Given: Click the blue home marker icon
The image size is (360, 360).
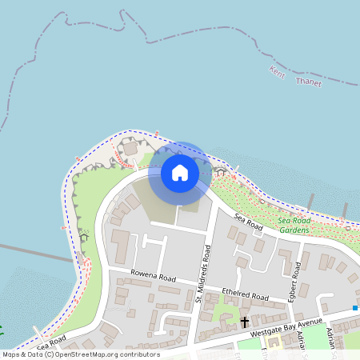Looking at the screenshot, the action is click(x=180, y=172).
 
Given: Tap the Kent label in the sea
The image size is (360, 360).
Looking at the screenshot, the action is click(x=276, y=72).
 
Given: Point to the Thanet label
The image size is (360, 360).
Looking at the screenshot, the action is click(x=308, y=82).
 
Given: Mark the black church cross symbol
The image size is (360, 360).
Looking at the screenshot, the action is click(x=245, y=322).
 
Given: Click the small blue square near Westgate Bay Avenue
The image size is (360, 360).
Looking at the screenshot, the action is click(x=354, y=307).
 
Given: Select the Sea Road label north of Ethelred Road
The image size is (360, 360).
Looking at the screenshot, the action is click(x=248, y=222).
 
